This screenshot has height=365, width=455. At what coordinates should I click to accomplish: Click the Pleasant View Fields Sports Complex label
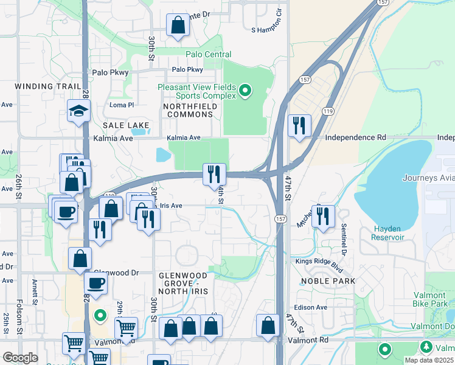coord(196,91)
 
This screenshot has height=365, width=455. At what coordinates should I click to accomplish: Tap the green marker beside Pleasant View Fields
coord(245,91)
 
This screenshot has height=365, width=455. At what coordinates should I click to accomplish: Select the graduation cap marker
coord(79,111)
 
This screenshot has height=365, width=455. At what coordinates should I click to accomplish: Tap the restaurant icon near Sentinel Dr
coord(323,216)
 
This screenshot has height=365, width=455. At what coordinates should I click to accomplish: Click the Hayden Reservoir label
coord(387,233)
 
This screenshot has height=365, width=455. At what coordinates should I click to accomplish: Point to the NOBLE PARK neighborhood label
coord(328,281)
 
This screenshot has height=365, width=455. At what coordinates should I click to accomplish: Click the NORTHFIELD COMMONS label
coord(190,110)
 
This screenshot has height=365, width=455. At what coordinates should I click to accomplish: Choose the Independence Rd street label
coord(355,137)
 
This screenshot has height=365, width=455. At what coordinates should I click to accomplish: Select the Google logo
coord(20,358)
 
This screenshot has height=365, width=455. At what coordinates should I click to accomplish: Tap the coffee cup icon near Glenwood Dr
coord(96,283)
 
